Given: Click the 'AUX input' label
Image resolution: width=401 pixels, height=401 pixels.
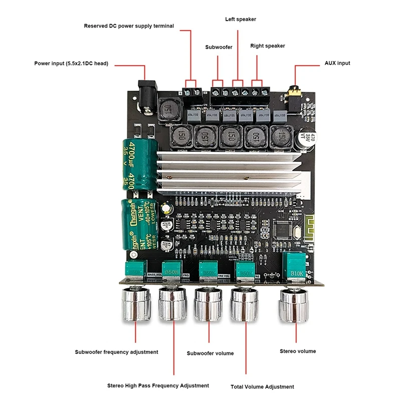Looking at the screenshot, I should coord(335,63).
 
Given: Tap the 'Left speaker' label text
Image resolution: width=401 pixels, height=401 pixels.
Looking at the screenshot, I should coord(240,19).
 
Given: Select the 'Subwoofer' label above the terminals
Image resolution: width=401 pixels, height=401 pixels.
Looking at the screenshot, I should coord(219,47).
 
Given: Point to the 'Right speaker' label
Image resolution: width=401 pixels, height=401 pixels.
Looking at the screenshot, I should coord(268,46).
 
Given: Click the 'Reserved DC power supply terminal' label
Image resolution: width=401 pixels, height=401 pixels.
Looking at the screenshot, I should coord(129,26).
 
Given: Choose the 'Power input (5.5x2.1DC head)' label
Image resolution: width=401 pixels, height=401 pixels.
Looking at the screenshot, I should coord(71,64).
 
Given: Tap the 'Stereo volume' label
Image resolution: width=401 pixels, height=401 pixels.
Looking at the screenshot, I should coord(298,351).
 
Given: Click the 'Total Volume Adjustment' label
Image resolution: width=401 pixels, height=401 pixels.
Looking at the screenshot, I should coord(262,386).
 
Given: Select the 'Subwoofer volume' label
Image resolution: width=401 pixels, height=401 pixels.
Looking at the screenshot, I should coord(210,353).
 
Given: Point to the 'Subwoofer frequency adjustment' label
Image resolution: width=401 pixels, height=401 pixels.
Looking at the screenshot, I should coord(116,352).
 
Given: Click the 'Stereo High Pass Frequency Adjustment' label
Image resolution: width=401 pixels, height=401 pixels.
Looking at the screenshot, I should coord(158,385).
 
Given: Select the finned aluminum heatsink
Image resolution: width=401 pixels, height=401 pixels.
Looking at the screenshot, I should coord(231,173).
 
